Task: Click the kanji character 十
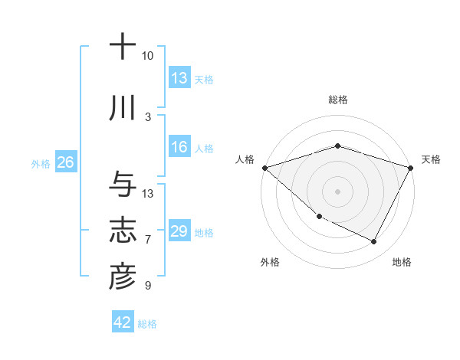pos(122,47)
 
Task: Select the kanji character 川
pos(122,109)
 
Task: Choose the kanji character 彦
pos(122,278)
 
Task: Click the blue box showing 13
pos(179,78)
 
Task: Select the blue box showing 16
pos(179,148)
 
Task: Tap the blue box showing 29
pos(179,232)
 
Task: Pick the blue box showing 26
pos(65,163)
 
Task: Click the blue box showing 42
pos(123,322)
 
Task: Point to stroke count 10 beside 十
pos(147,56)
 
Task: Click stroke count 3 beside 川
pos(147,117)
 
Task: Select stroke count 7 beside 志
pos(147,240)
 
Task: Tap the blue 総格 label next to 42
pos(147,324)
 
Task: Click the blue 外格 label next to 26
pos(41,164)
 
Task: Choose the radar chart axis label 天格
pos(431,159)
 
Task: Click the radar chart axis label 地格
pos(402,262)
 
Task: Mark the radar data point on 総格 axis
pos(337,146)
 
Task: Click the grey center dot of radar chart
pos(337,191)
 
